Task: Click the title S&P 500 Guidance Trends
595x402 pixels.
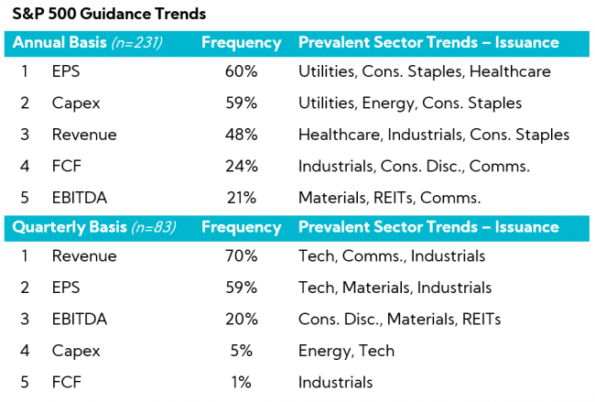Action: pos(109,15)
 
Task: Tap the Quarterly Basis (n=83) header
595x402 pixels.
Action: pos(94,227)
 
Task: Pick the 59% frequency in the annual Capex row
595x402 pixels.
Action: pos(242,103)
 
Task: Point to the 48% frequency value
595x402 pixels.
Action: pos(242,135)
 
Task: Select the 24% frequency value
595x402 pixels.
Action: pos(242,166)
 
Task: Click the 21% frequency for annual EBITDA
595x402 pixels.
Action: pos(242,197)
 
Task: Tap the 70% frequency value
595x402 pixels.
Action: pos(242,256)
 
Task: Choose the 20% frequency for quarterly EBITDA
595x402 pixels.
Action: pos(242,319)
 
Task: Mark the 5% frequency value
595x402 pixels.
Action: pos(242,351)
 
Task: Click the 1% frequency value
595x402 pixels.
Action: pos(242,382)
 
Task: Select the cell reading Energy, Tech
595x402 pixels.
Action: pos(346,351)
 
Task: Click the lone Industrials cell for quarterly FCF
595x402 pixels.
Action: pos(335,382)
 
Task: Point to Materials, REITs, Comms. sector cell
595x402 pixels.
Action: pos(390,197)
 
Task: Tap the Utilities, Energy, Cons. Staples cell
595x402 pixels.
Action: pos(410,103)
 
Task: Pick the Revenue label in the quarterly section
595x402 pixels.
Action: pos(84,256)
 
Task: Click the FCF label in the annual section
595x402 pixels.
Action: pos(66,166)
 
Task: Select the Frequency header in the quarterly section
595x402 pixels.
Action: pos(242,227)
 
